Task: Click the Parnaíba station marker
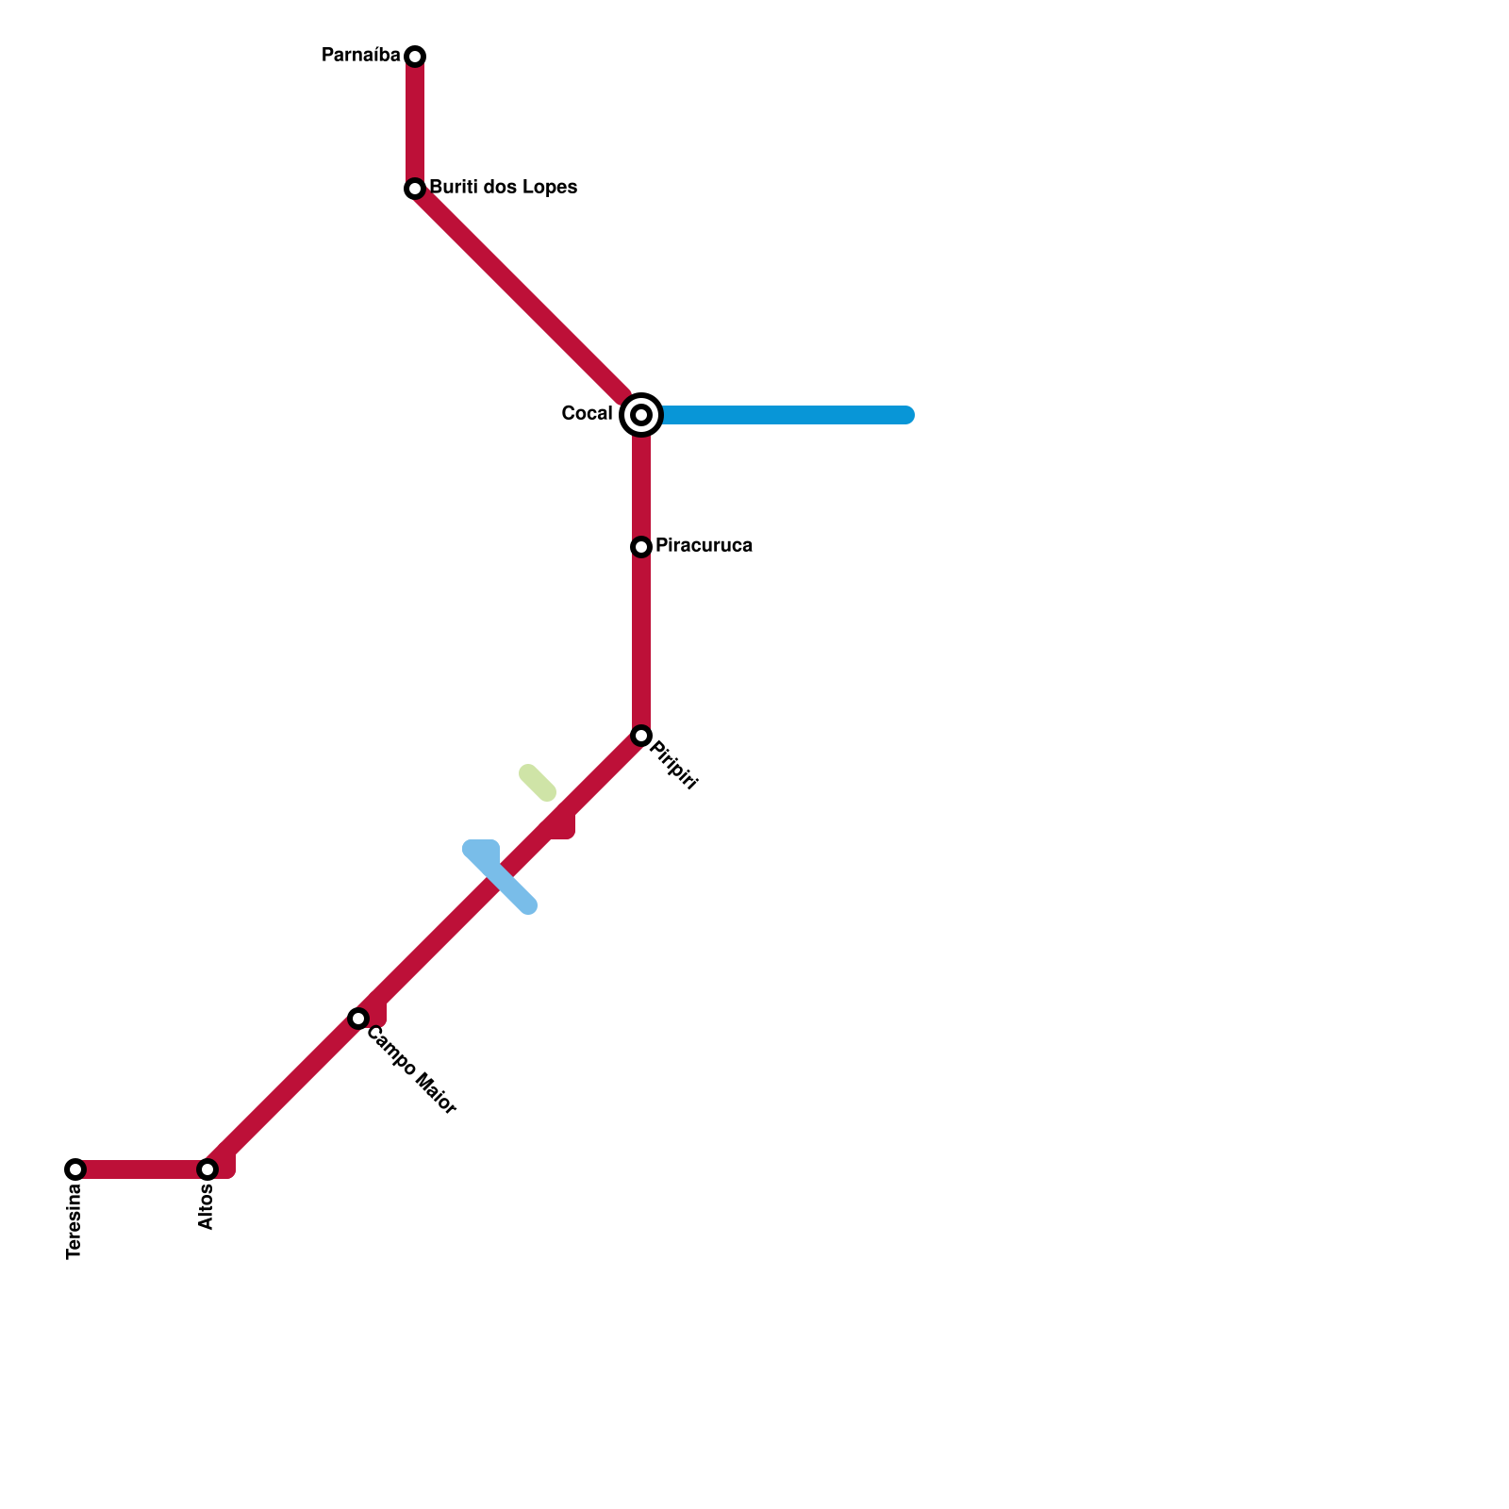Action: tap(415, 57)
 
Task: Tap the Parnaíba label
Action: tap(361, 56)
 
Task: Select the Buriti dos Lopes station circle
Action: tap(415, 189)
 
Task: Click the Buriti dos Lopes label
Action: tap(503, 188)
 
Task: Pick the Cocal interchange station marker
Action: tap(641, 415)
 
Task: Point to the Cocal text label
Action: tap(587, 414)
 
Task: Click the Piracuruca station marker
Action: tap(641, 547)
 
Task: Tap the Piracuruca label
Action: tap(704, 546)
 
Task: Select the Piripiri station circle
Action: tap(641, 736)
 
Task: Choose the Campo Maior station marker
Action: tap(358, 1019)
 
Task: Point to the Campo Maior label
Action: tap(411, 1070)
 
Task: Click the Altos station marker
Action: tap(207, 1169)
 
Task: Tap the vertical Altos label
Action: tap(207, 1207)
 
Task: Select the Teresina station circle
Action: tap(75, 1169)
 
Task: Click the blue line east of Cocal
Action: tap(783, 415)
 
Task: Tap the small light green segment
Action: tap(538, 783)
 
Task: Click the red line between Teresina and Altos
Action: tap(141, 1169)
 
